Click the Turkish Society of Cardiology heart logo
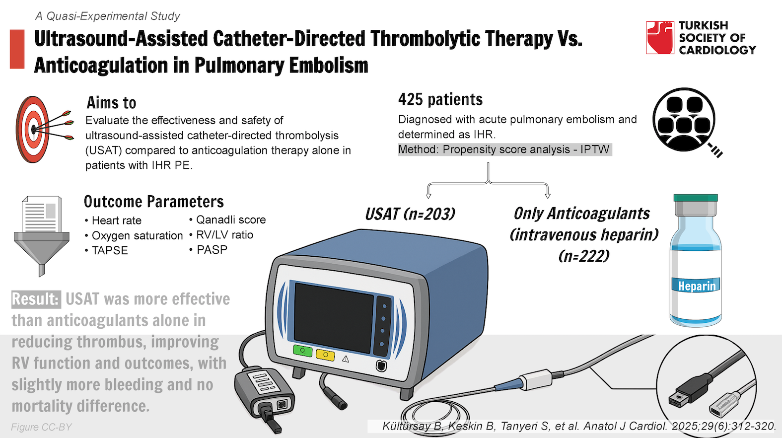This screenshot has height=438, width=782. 660,38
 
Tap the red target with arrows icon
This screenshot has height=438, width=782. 44,129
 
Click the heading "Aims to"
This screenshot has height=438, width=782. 111,103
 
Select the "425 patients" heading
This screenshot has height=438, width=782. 440,99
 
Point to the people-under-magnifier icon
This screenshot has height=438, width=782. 686,122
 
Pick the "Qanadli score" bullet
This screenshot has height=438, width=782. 227,219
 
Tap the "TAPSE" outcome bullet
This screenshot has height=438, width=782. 106,250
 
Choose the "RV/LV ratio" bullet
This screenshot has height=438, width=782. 221,235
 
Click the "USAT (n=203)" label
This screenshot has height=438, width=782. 410,214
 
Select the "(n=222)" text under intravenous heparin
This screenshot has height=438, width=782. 584,256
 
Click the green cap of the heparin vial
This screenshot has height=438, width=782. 696,198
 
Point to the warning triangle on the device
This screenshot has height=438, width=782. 345,359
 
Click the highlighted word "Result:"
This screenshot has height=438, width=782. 36,299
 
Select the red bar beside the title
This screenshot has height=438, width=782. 17,49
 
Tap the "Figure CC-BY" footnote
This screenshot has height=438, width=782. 41,427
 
